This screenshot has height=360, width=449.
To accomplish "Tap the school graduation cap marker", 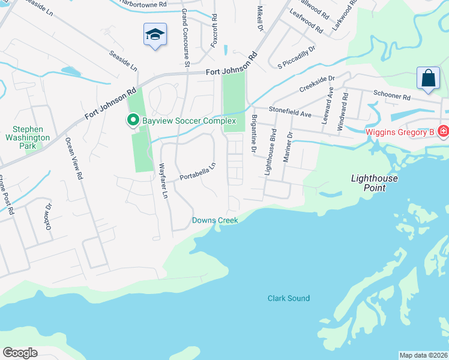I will click(154, 34).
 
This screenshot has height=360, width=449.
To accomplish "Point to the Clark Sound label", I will click(288, 298).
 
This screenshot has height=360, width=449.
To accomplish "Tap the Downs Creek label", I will click(215, 220).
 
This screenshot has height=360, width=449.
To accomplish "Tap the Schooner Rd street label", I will click(391, 96).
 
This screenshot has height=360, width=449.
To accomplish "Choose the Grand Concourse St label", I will click(185, 37).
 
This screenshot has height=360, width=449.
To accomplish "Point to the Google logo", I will click(20, 353).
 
